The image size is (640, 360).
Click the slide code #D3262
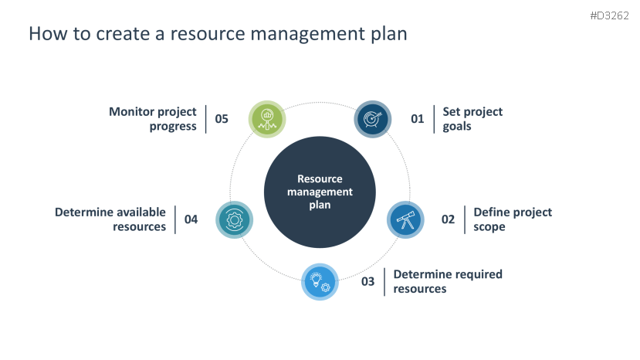(x=608, y=15)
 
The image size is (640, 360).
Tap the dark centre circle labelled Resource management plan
(x=320, y=192)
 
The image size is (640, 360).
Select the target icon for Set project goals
(x=372, y=119)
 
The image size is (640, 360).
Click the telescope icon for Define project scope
(x=405, y=220)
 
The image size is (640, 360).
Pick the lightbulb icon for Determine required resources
(x=320, y=281)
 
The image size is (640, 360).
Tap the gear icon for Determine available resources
(x=234, y=219)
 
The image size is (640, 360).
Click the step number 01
(x=418, y=119)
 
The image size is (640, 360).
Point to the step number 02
(x=449, y=219)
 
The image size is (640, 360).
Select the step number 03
(x=368, y=281)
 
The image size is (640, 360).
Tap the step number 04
(x=191, y=219)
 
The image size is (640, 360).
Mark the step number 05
(x=222, y=119)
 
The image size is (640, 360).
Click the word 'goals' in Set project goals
(x=457, y=126)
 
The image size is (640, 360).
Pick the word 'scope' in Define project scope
(x=489, y=227)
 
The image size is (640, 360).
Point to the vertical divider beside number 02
(x=464, y=219)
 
